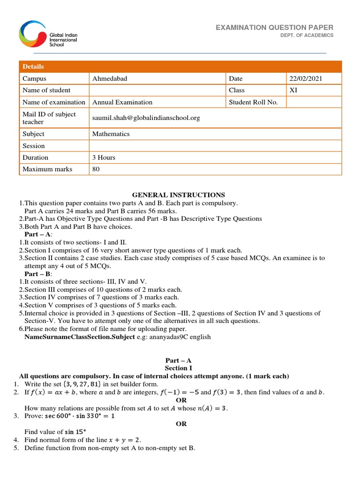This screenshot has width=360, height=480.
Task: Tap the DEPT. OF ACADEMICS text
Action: pos(307,36)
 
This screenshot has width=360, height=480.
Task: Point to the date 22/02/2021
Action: pos(306,79)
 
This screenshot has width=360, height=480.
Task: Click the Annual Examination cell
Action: pos(122,102)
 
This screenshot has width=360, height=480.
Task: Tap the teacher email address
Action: pos(146,118)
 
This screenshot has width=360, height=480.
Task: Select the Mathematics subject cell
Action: pos(111,134)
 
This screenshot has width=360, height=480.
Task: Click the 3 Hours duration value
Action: pos(104,157)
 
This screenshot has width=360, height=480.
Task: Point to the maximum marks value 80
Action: pos(96,169)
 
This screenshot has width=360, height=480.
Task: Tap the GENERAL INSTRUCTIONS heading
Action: pos(178,195)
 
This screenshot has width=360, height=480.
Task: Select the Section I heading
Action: pos(178,368)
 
